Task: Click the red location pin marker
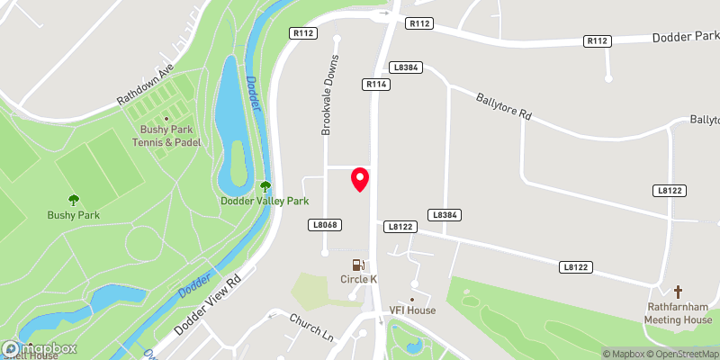point(360,179)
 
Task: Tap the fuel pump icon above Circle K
point(358,265)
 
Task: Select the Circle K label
point(358,280)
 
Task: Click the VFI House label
point(412,310)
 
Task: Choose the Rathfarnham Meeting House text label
point(679,313)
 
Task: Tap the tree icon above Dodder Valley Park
point(265,186)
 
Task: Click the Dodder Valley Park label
point(265,202)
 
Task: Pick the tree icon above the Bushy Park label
point(74,200)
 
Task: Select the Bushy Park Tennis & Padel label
point(168,136)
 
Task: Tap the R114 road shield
point(375,84)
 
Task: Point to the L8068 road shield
point(326,224)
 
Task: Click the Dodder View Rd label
point(209,306)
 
